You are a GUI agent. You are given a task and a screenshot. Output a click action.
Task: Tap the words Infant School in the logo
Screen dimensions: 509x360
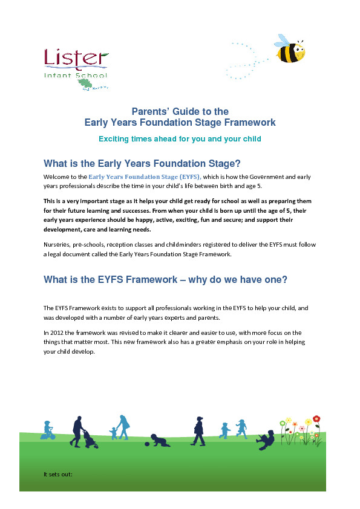(75, 75)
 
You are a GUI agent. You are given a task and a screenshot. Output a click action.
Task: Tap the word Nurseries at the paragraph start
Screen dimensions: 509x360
(59, 244)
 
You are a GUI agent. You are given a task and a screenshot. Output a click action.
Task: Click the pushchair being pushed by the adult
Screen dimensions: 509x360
(92, 439)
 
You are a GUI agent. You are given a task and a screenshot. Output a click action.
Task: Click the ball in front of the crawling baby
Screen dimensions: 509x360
(145, 447)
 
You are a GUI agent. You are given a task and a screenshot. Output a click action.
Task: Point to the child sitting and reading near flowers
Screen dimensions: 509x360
(266, 438)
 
